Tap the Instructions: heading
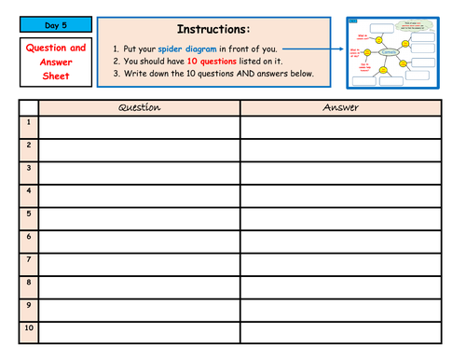[x=214, y=29]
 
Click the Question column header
[x=140, y=107]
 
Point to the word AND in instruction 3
[x=251, y=74]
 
